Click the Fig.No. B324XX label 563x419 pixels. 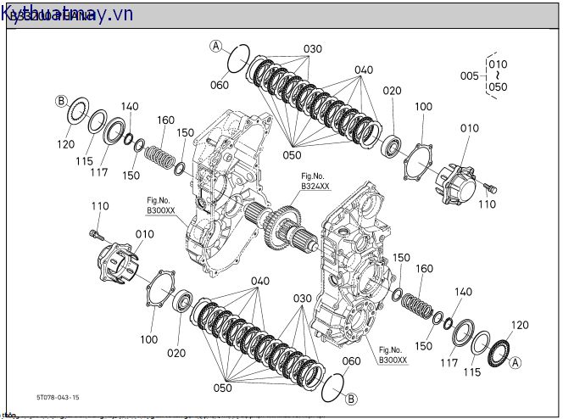point(314,181)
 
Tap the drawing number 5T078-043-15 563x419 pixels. point(58,397)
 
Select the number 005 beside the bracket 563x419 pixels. point(469,75)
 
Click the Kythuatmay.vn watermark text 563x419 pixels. point(68,14)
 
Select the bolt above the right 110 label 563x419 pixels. point(489,185)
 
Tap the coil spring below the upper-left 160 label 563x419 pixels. point(160,157)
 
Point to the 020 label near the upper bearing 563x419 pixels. point(391,91)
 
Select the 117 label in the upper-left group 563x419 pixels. point(100,172)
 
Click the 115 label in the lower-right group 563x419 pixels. point(472,372)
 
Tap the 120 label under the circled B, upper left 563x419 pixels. point(66,144)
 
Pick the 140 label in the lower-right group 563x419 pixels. point(463,291)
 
